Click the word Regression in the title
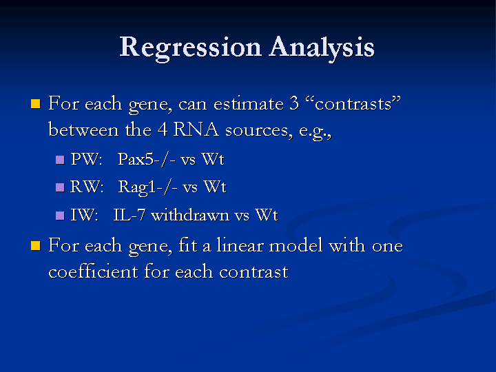coord(190,48)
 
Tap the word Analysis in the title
coord(322,48)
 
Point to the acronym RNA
coord(196,130)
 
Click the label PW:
coord(86,159)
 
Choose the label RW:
coord(87,187)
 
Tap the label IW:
coord(84,215)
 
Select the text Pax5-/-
coord(147,159)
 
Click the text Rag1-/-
coord(147,187)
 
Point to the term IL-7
coord(129,215)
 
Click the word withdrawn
coord(190,215)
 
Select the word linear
coord(240,245)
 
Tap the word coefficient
coord(93,271)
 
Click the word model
coord(296,245)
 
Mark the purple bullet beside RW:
coord(60,187)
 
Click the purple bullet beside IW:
coord(60,216)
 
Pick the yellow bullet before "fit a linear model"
coord(36,246)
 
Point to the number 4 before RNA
coord(163,130)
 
